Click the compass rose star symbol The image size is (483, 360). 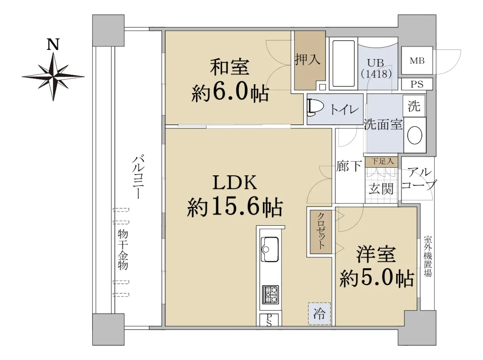point(53,77)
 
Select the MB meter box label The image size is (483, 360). point(417,60)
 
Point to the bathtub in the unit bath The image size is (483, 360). point(343,64)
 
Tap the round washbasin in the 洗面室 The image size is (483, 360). point(415,135)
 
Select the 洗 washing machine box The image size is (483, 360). point(414,106)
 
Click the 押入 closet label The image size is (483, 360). point(308,60)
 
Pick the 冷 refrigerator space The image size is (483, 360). point(319,314)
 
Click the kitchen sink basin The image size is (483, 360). point(270,249)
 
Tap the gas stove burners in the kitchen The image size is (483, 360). point(270,294)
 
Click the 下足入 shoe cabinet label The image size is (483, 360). point(383,162)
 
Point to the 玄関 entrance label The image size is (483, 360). point(381,189)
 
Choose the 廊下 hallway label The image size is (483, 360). point(349,166)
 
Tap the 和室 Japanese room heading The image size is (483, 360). point(230,67)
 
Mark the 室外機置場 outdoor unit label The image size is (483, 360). point(428,256)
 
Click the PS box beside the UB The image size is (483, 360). point(417,84)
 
